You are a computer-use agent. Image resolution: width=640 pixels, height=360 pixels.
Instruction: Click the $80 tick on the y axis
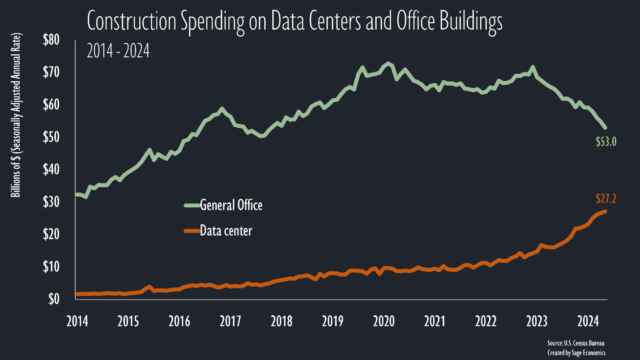52,41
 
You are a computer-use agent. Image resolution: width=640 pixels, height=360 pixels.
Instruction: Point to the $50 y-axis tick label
52,137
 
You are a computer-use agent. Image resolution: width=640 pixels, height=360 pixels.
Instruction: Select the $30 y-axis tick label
52,202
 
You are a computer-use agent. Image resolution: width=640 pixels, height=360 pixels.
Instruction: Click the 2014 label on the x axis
77,321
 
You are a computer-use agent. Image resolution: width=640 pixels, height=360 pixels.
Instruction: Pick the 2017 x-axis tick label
230,321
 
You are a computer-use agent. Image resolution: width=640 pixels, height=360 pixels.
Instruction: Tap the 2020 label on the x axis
384,321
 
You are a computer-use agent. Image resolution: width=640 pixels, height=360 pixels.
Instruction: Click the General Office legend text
231,205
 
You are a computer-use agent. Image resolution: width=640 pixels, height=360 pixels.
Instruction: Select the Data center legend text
226,231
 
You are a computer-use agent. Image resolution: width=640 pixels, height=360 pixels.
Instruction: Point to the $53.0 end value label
606,142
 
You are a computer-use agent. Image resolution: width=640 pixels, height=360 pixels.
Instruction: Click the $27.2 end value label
606,198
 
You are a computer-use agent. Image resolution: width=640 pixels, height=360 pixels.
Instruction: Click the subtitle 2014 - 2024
118,52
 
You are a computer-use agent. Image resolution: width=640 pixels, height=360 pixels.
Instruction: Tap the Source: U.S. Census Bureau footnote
576,343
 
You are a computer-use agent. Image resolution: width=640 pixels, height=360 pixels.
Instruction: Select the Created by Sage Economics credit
576,352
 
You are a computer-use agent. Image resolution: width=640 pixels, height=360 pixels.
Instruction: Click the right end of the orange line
606,211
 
